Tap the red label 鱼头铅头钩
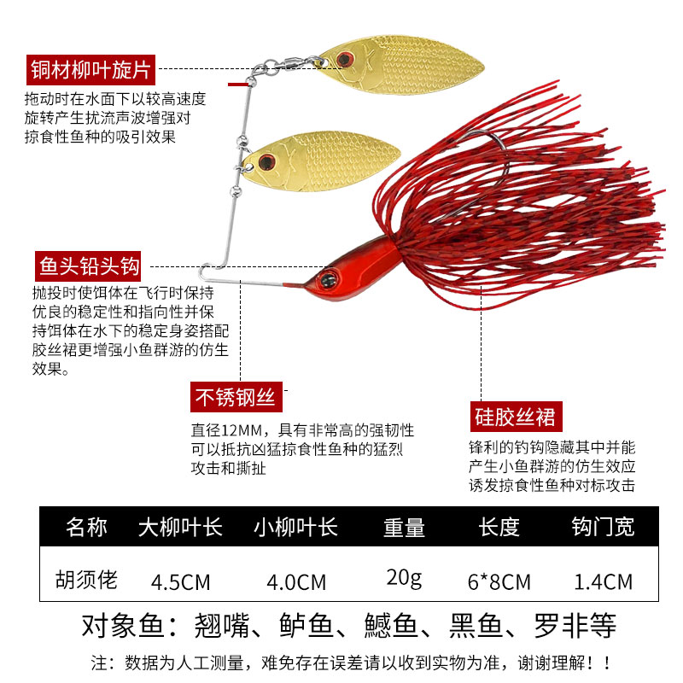89,265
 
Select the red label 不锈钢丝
234,398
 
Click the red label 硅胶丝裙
516,417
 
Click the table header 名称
86,527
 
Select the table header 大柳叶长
180,527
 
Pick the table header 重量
404,528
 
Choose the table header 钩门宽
603,527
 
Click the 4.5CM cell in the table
180,582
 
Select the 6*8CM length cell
499,582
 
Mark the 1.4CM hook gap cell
603,582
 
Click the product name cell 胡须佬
86,581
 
